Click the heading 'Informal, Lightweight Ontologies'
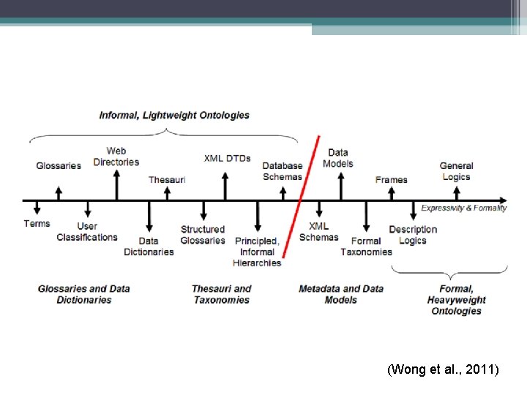(x=174, y=115)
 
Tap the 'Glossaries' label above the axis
(x=59, y=165)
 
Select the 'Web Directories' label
(x=116, y=157)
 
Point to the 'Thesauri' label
(x=167, y=179)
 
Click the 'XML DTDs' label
(x=227, y=158)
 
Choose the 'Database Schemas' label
(x=283, y=171)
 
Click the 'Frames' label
(x=391, y=179)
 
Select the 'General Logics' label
(x=457, y=171)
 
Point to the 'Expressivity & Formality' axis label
(x=463, y=208)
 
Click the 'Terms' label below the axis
(x=37, y=223)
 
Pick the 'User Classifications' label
(x=87, y=231)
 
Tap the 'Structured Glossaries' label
(x=203, y=235)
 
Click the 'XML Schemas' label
(x=319, y=231)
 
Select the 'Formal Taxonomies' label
(x=366, y=247)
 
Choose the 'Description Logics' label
(x=413, y=235)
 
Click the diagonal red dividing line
(x=301, y=197)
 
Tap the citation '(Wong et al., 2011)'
(x=443, y=370)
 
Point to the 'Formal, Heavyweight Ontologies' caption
(x=456, y=300)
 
